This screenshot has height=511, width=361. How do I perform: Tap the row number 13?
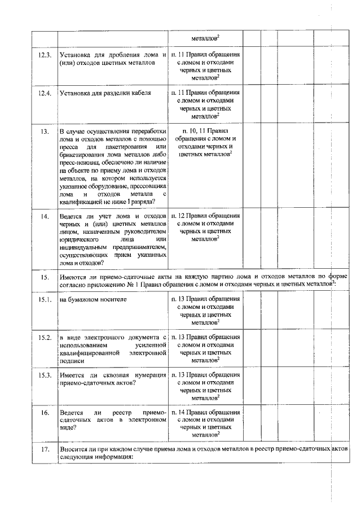[44, 131]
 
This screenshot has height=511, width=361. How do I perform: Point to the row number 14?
[44, 216]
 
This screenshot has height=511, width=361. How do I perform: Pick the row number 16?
[44, 413]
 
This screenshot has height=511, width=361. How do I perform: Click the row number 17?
[44, 450]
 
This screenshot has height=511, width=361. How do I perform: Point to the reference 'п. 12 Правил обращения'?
[205, 216]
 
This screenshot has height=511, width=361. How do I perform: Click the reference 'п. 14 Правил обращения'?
[205, 413]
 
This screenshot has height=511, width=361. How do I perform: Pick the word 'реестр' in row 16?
[121, 413]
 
